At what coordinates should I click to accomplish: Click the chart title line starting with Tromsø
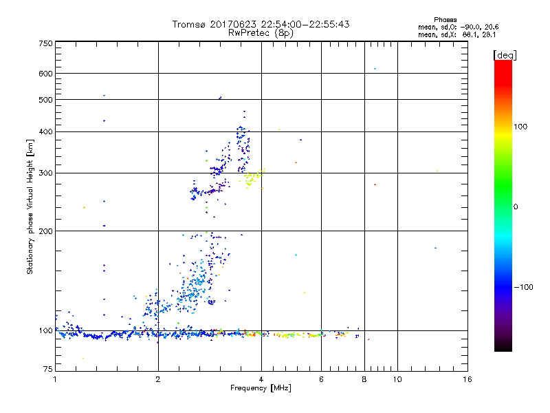(261, 24)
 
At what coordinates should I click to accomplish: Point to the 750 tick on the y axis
(45, 43)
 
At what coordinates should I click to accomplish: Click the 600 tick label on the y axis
(45, 74)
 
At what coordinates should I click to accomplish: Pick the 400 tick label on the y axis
(45, 131)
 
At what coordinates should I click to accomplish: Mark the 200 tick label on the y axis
(45, 231)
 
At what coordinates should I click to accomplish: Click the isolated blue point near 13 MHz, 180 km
(435, 248)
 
